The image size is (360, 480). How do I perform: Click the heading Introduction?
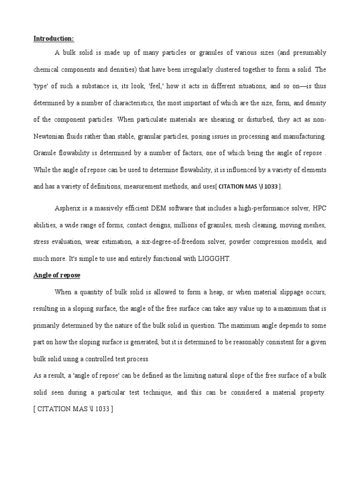tap(54, 38)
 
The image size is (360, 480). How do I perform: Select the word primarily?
tap(49, 325)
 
